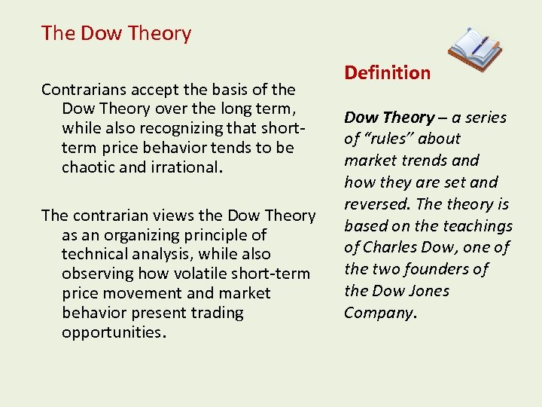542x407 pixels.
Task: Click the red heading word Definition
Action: (x=387, y=73)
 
